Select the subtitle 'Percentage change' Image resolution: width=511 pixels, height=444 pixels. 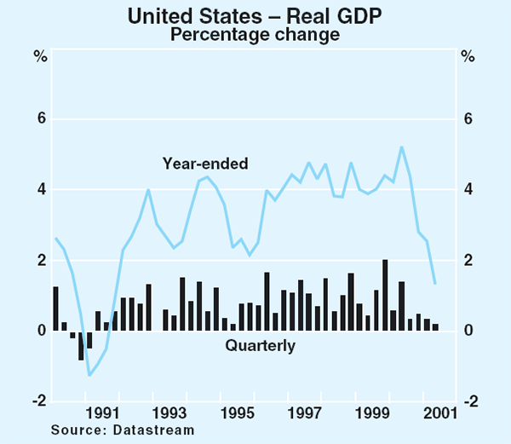[x=255, y=35]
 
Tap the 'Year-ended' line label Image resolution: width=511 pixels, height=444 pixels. [x=205, y=164]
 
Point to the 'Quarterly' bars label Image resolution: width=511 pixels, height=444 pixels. [x=260, y=346]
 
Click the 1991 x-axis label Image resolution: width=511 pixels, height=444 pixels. [x=102, y=413]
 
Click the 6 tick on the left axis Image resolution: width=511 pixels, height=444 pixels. [x=40, y=119]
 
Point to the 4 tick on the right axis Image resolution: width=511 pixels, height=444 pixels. [x=468, y=190]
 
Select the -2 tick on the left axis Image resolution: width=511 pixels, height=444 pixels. [x=38, y=401]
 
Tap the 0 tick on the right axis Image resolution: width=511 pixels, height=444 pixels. [x=468, y=331]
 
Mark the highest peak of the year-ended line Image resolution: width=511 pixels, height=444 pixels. [x=401, y=147]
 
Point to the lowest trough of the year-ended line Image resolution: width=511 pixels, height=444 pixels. [x=89, y=375]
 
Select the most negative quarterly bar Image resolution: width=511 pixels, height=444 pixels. [x=81, y=345]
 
